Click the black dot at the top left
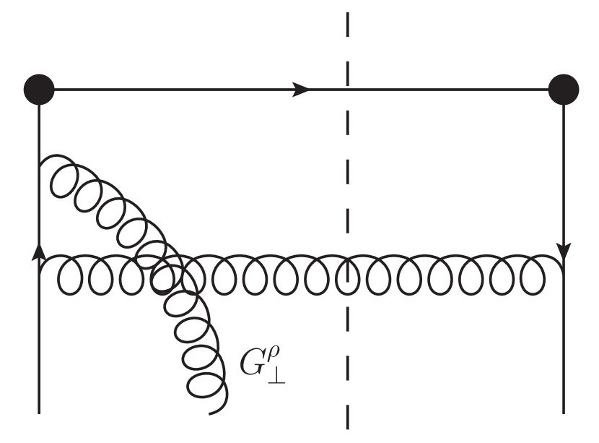[x=39, y=90]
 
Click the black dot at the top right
[x=563, y=90]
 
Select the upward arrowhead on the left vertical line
[x=39, y=249]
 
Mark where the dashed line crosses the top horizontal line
[x=348, y=90]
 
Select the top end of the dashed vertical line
[x=348, y=13]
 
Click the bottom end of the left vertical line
[x=39, y=413]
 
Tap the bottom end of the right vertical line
[x=563, y=413]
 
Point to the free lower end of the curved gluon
[x=209, y=413]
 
